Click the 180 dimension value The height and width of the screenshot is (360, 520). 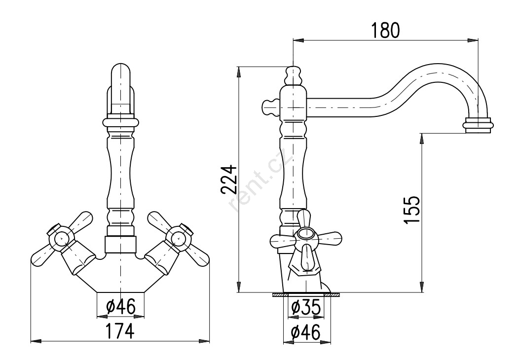[385, 30]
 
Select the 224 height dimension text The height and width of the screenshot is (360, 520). [229, 180]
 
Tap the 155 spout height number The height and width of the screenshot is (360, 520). [412, 210]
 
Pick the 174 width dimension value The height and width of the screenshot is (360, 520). [120, 331]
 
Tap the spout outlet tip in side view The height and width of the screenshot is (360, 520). [478, 125]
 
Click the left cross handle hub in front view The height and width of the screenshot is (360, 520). [61, 237]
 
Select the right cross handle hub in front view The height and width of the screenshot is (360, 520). [180, 237]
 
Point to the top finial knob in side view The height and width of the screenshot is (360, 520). [293, 75]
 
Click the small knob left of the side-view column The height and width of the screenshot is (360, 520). [270, 108]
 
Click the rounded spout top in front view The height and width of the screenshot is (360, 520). [120, 73]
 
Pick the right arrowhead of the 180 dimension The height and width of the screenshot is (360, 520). [473, 41]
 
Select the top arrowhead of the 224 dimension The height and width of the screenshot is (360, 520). [238, 72]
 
